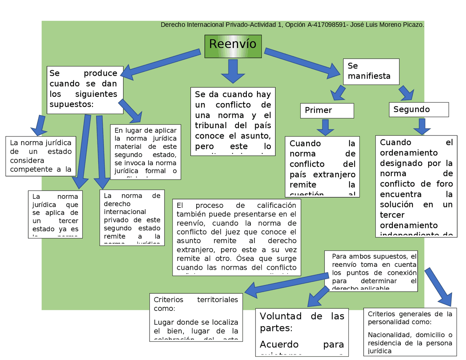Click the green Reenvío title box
click(x=233, y=46)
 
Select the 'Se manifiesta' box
click(x=371, y=71)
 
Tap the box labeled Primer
click(x=327, y=110)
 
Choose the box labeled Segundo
click(x=418, y=109)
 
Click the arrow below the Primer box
click(x=325, y=127)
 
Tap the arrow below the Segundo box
click(x=422, y=126)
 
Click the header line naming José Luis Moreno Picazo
click(x=292, y=25)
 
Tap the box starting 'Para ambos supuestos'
click(x=371, y=271)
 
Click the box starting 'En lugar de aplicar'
click(x=145, y=151)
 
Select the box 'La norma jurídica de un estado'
click(x=40, y=156)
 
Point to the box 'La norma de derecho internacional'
click(x=132, y=217)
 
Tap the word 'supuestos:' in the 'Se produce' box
click(x=71, y=104)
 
